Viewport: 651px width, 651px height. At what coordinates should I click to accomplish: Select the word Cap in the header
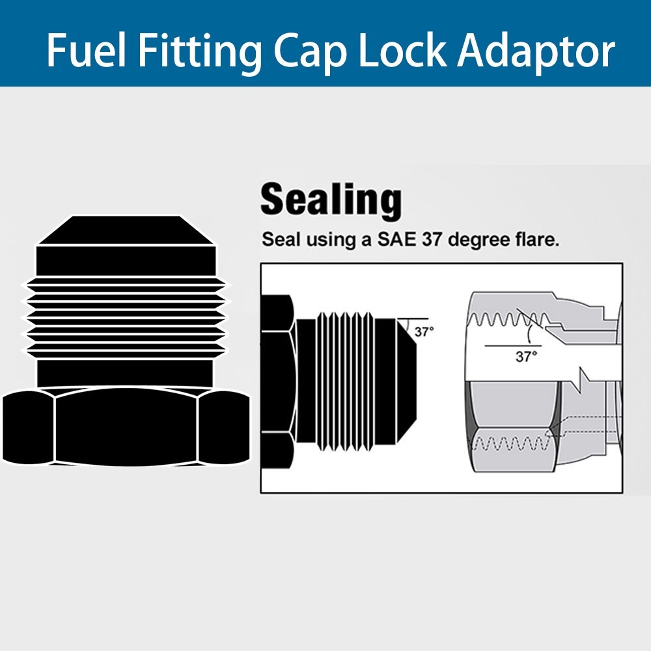310,53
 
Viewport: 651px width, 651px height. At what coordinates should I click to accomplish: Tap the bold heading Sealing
331,201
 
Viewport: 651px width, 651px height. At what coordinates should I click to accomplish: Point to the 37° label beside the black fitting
424,332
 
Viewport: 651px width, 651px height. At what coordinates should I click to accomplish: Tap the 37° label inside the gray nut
526,356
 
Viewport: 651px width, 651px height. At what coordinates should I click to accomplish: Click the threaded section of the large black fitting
126,318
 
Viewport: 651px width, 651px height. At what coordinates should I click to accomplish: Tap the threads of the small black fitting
345,381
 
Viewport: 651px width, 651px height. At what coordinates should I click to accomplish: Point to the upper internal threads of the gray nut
509,319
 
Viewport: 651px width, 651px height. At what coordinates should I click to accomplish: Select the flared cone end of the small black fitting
406,380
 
